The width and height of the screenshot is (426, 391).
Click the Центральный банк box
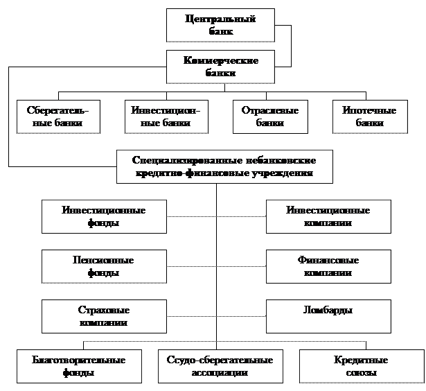[x=220, y=25]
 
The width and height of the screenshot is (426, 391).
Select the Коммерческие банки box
[x=220, y=67]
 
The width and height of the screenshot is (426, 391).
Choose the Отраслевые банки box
[x=269, y=116]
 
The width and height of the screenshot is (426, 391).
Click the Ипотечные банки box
[x=369, y=116]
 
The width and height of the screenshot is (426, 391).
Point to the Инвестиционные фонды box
[x=104, y=216]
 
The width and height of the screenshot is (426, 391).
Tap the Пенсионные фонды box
[x=104, y=266]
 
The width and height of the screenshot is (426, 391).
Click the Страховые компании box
[x=104, y=316]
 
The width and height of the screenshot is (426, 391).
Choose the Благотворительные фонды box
[x=79, y=366]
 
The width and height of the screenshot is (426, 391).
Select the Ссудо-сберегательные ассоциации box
[x=220, y=366]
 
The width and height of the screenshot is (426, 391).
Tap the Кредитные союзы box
[x=361, y=366]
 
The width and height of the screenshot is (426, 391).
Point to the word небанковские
[x=273, y=160]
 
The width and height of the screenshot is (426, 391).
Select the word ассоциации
[x=220, y=373]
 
